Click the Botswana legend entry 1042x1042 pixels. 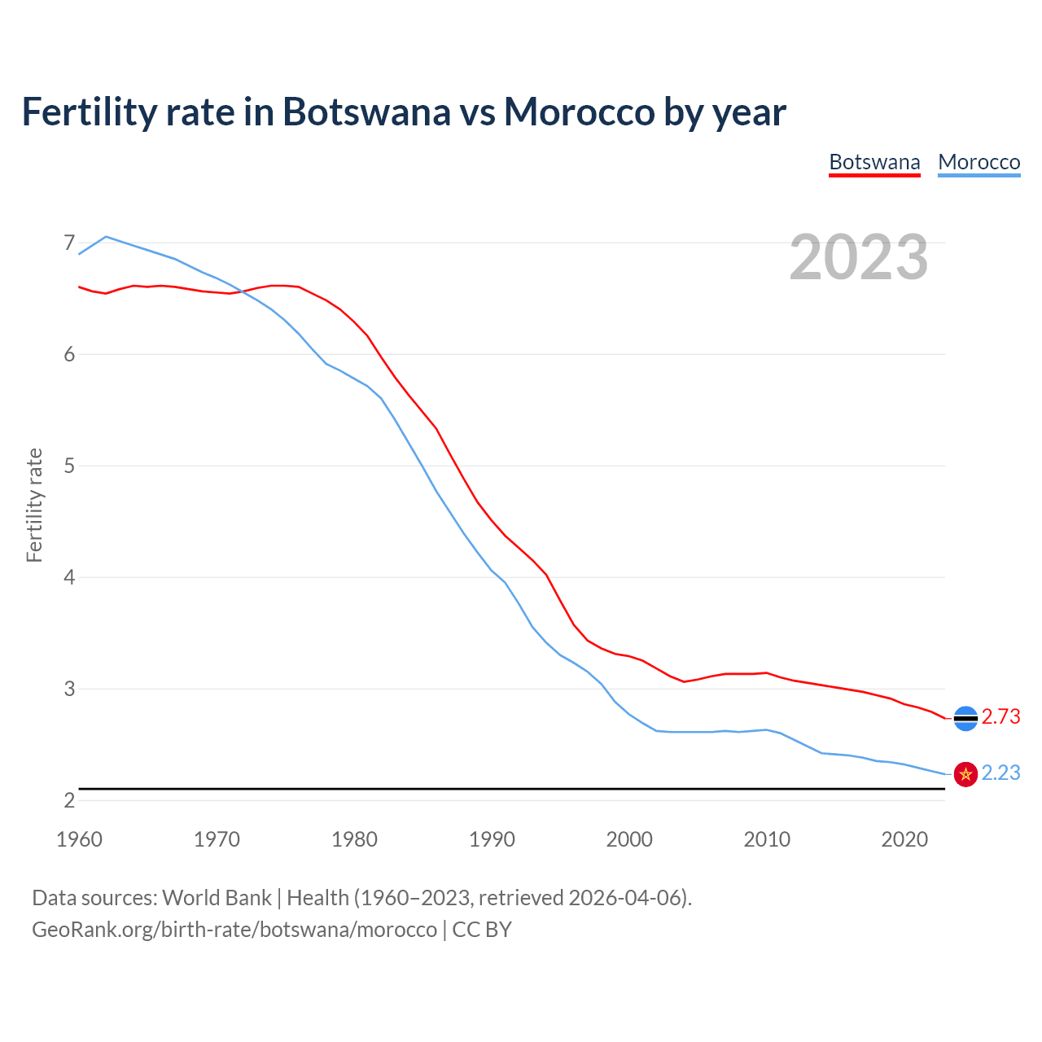874,162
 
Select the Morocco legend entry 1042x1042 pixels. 979,162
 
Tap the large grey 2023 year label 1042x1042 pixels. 858,257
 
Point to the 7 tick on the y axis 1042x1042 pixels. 69,243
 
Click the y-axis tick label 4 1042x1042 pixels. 69,577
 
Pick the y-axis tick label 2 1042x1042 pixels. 69,800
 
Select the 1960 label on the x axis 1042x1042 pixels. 79,839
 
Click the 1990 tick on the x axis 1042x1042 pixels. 492,839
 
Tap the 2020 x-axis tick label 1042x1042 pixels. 904,839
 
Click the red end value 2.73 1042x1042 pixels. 1000,716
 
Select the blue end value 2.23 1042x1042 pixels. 1000,773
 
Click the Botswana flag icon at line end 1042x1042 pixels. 965,718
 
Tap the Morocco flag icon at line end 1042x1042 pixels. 965,774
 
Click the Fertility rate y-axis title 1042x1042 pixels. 34,505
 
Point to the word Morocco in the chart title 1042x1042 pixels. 579,112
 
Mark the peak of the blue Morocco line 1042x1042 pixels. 106,236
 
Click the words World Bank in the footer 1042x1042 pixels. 217,897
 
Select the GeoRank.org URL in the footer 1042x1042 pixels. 234,929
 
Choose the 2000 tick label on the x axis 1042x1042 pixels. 629,839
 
